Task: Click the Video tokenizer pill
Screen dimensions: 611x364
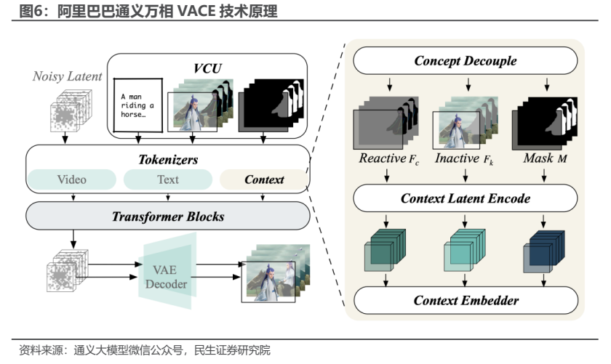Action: coord(72,179)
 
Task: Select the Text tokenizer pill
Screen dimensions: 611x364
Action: coord(168,179)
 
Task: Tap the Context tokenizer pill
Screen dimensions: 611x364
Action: coord(264,179)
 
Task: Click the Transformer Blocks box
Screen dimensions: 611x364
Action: coord(168,216)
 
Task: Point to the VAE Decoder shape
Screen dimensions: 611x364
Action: coord(167,271)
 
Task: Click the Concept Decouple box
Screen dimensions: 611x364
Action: coord(466,61)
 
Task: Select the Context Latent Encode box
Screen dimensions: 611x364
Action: coord(466,198)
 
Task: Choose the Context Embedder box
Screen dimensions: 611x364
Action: coord(466,300)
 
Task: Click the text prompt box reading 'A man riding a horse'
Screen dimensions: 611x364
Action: coord(138,105)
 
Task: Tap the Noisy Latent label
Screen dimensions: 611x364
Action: coord(67,76)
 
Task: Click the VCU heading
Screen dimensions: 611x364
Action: coord(207,68)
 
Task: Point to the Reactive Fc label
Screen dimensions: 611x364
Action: coord(389,158)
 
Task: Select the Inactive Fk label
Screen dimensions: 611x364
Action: coord(464,158)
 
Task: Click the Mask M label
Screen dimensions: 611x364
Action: coord(545,158)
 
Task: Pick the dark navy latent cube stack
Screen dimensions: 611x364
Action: coord(543,251)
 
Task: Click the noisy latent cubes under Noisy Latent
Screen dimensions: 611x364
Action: coord(71,110)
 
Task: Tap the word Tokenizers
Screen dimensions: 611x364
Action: coord(168,160)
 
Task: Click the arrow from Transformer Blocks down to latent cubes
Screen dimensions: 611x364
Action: coord(73,239)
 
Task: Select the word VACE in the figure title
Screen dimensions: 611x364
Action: coord(197,11)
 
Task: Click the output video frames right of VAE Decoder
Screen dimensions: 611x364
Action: coord(276,273)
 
